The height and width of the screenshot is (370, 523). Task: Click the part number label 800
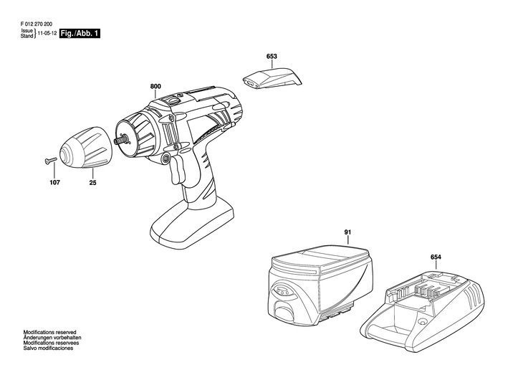155,87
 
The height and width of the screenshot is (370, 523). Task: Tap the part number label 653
272,56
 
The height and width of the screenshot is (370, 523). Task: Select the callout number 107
55,183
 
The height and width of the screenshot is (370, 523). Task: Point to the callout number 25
93,183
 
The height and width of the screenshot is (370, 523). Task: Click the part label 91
347,232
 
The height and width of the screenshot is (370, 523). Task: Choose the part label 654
436,257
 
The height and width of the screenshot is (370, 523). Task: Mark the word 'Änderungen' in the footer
38,337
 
